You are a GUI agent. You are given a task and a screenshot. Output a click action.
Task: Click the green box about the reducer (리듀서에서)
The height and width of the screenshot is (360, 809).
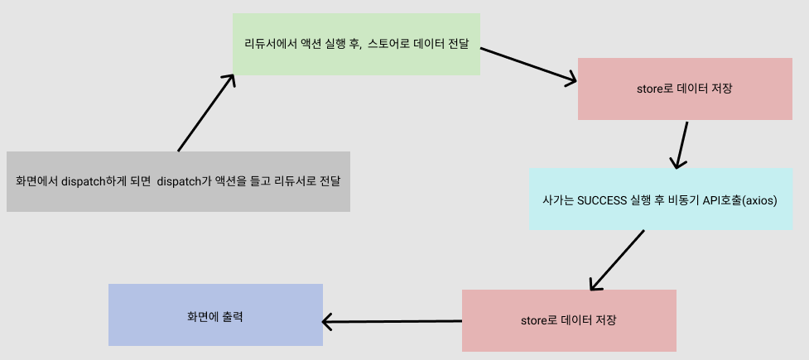(x=356, y=44)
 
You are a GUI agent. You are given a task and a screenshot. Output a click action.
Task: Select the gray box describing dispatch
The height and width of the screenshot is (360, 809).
(x=178, y=180)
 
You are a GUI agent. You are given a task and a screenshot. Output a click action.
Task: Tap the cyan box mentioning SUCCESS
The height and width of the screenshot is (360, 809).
(x=660, y=199)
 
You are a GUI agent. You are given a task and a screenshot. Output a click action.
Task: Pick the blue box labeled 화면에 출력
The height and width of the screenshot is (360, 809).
(x=215, y=315)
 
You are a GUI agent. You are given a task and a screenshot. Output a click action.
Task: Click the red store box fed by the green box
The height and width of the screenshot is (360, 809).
(x=685, y=88)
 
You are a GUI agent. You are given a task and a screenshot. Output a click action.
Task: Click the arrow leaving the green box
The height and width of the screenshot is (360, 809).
(x=528, y=65)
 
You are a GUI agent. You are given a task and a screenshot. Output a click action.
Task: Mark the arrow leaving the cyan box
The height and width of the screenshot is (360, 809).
(x=617, y=259)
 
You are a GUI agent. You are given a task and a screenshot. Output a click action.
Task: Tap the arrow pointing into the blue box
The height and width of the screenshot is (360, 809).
(x=392, y=320)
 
